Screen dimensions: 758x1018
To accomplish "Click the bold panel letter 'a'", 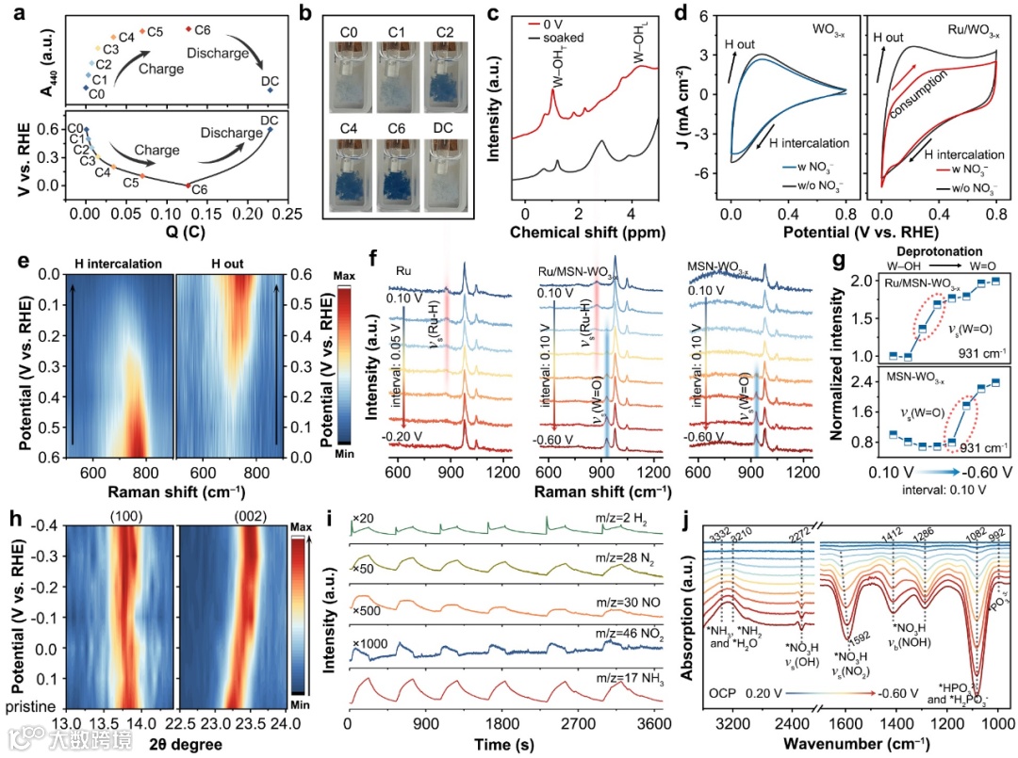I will click(13, 13).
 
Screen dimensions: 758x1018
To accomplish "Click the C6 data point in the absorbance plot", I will click(189, 29).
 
